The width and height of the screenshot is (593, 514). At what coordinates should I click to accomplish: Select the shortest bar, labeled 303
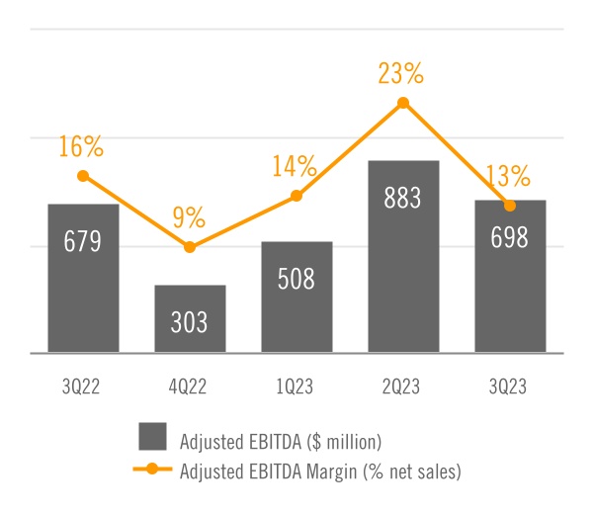pos(190,318)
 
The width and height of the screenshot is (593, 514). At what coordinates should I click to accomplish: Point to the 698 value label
pos(510,238)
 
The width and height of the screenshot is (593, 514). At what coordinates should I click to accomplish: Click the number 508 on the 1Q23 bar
pos(296,279)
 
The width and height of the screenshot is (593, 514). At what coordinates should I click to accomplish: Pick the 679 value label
pos(83,242)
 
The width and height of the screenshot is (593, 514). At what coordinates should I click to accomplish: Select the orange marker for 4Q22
pos(190,246)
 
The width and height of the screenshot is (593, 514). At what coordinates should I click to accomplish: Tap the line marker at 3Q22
pos(83,176)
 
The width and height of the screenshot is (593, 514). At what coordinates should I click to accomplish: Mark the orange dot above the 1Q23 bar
pos(296,196)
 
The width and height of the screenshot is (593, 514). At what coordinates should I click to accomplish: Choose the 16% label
pos(81,147)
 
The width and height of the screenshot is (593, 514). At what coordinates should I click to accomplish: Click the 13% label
pos(508,177)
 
